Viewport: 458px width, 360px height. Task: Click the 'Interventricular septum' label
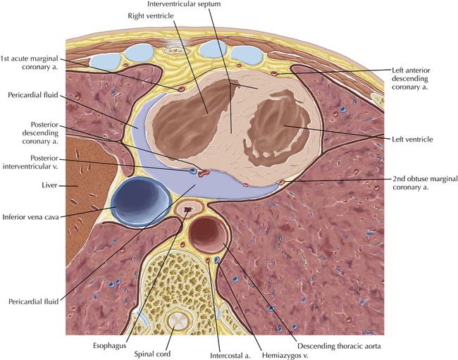point(184,4)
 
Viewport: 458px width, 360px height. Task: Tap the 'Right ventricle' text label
point(150,15)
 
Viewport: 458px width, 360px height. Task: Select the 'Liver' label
point(49,185)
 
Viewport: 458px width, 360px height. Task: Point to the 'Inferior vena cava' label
point(31,217)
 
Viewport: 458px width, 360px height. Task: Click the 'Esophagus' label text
point(109,346)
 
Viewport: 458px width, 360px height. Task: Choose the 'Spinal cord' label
point(152,354)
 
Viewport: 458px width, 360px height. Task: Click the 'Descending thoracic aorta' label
point(339,347)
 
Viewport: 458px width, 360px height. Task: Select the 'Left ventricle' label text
point(412,139)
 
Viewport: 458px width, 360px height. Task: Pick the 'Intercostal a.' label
point(230,356)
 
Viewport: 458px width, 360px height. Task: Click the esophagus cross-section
point(189,210)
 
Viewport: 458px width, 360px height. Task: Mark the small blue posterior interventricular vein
point(192,170)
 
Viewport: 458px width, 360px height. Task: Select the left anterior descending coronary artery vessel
point(274,73)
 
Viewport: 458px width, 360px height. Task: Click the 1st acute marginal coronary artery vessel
point(181,89)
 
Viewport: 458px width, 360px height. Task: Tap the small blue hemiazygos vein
point(217,260)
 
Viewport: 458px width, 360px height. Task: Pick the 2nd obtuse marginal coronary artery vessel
point(282,182)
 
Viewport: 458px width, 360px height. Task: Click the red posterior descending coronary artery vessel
point(203,173)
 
